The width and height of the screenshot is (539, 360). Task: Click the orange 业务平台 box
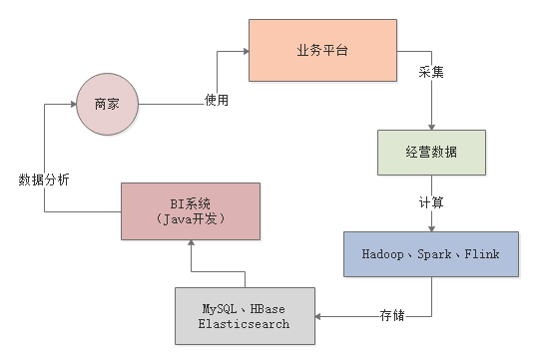[x=323, y=49]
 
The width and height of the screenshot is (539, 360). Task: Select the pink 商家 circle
[x=107, y=103]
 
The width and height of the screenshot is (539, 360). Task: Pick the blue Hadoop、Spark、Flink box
[x=431, y=253]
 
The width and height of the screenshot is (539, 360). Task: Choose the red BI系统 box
[x=190, y=211]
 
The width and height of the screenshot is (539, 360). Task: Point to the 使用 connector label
[x=216, y=100]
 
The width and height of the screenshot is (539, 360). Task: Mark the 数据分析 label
[x=44, y=180]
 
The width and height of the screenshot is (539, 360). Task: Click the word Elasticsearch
[x=244, y=323]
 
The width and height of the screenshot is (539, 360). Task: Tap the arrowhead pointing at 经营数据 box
[x=431, y=128]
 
